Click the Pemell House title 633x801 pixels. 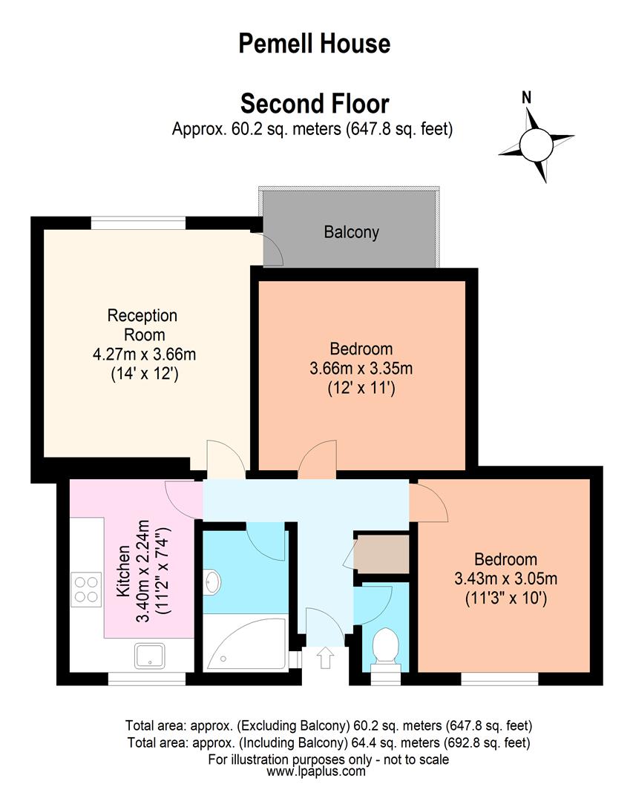tap(314, 44)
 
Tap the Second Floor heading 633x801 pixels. tap(315, 104)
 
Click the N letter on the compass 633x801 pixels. tap(526, 97)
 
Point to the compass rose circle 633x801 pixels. tap(537, 145)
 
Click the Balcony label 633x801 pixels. tap(351, 232)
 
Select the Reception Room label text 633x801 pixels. tap(142, 325)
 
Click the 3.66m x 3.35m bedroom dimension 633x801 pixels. tap(361, 369)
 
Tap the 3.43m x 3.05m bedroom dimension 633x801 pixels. tap(505, 578)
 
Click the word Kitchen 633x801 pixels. tap(123, 571)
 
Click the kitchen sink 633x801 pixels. tap(150, 656)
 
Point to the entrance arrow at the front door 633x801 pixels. tap(325, 657)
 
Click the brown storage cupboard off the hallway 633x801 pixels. tap(381, 554)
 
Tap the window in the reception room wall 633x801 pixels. tap(138, 222)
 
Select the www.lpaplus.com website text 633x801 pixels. tap(316, 771)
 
